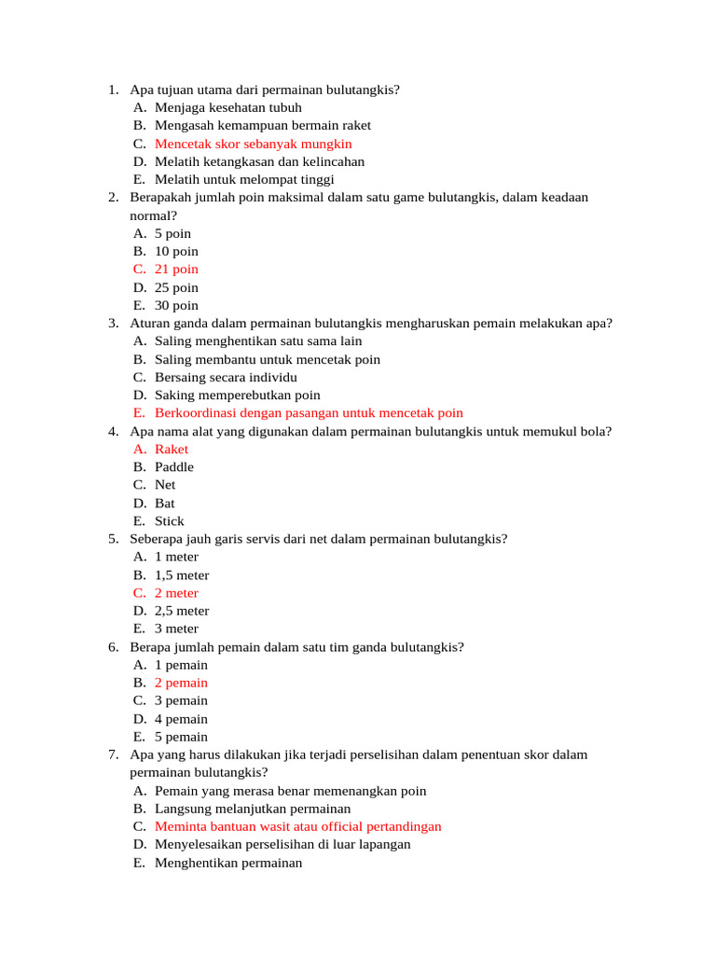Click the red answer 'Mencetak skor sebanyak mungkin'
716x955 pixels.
(x=253, y=144)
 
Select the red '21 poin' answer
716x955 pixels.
(x=176, y=270)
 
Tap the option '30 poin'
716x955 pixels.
(x=176, y=305)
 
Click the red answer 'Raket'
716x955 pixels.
(x=172, y=449)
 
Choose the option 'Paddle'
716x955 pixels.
(x=174, y=466)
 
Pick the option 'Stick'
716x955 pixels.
(x=170, y=520)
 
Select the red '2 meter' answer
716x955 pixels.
(x=176, y=592)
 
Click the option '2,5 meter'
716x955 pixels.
(x=182, y=611)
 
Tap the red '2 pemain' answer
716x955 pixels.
(x=181, y=683)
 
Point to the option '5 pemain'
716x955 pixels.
(x=181, y=737)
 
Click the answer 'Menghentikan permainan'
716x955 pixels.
(x=228, y=863)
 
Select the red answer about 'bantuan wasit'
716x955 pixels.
(x=297, y=826)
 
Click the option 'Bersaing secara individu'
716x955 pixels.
(x=226, y=377)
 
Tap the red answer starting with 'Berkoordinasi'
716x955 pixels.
(x=309, y=413)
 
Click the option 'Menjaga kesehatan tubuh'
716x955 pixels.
(x=228, y=107)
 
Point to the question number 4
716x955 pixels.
(x=113, y=431)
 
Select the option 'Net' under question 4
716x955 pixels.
(x=165, y=484)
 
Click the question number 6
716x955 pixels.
(x=113, y=646)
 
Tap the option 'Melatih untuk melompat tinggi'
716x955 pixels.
(x=244, y=179)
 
